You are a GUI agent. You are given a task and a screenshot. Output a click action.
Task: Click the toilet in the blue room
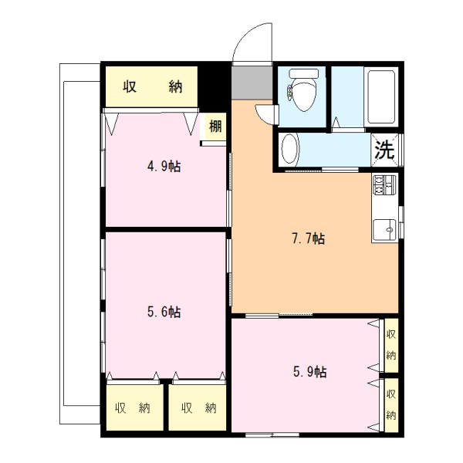tap(303, 90)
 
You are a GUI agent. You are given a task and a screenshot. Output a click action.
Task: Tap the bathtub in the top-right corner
tap(381, 97)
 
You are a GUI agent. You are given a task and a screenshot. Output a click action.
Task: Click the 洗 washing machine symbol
tap(384, 150)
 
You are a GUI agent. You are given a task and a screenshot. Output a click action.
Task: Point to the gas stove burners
tap(384, 185)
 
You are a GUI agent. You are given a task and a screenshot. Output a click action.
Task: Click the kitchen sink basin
tap(384, 230)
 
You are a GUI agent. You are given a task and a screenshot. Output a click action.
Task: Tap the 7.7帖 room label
tap(308, 238)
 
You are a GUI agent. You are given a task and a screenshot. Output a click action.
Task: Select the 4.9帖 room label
tap(164, 167)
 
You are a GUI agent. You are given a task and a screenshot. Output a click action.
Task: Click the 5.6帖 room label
tap(164, 312)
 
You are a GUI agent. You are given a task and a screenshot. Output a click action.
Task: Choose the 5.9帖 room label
tap(309, 372)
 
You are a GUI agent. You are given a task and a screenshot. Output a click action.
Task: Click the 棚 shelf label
tap(215, 127)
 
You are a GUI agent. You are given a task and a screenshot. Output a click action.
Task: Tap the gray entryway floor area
tap(252, 83)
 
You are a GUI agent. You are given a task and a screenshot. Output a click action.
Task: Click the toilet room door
tap(267, 114)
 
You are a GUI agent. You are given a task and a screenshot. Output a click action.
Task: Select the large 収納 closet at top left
tap(151, 86)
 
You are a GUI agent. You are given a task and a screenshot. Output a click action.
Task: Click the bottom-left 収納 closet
tap(134, 407)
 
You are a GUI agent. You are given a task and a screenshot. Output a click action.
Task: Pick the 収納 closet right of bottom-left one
tap(198, 407)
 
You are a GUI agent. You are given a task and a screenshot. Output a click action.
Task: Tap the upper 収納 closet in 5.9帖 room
tap(391, 345)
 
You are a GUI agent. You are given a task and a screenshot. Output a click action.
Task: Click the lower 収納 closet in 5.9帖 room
tap(391, 405)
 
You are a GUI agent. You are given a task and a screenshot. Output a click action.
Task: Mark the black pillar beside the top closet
tap(212, 87)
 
